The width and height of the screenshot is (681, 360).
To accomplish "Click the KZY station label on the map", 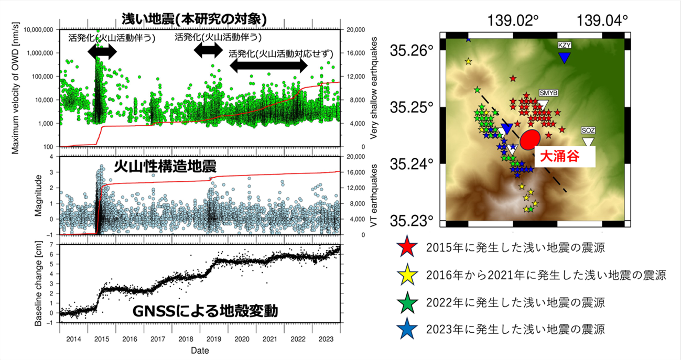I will click(564, 45).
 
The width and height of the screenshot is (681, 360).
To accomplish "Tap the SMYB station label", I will click(548, 92).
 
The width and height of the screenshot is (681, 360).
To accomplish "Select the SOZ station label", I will click(588, 130).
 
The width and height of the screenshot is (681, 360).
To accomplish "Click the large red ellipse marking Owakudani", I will click(531, 138).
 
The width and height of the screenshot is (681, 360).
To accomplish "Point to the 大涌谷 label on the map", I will click(561, 157).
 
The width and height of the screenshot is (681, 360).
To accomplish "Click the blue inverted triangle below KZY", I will click(564, 58).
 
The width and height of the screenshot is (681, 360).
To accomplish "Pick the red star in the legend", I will click(408, 246).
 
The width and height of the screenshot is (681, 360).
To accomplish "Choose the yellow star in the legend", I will click(408, 274).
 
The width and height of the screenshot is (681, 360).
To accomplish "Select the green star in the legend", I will click(408, 302).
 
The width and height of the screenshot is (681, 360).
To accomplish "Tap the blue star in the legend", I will click(408, 330).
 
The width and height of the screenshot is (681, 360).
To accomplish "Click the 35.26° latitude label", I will click(412, 51).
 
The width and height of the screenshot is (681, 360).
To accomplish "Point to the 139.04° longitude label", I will click(602, 21).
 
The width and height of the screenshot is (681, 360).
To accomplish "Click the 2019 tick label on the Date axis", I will click(213, 339).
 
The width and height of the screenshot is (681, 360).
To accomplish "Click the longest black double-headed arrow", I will click(268, 66).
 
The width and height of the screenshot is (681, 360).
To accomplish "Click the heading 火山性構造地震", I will click(165, 167).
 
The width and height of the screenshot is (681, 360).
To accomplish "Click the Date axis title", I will click(200, 350).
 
